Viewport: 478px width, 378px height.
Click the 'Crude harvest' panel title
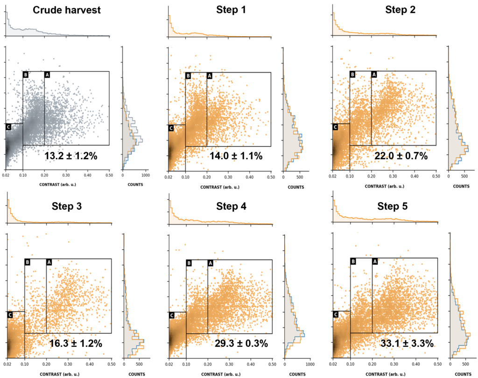pos(67,10)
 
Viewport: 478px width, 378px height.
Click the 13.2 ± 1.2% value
pos(71,156)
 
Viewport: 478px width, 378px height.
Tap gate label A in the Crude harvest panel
pos(47,74)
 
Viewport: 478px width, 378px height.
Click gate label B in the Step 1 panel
pos(188,76)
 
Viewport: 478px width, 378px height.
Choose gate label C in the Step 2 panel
pos(335,126)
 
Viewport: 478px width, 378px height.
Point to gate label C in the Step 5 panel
pos(336,315)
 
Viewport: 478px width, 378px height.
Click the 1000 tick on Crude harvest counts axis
pos(145,176)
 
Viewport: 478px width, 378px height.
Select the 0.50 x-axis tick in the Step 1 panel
pos(271,177)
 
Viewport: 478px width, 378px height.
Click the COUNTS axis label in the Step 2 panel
pos(461,186)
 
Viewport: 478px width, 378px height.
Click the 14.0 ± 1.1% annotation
pos(236,156)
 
